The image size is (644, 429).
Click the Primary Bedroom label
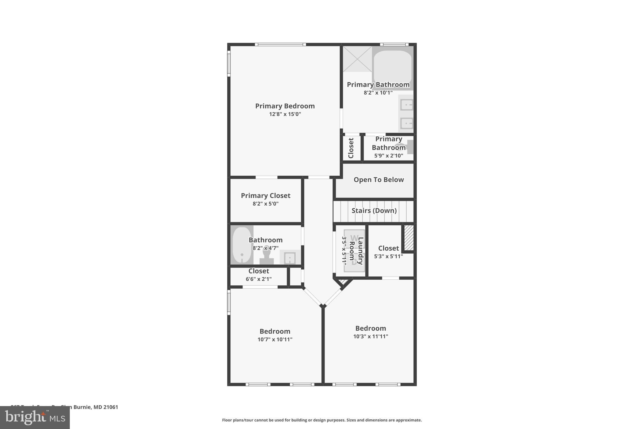pyautogui.click(x=285, y=106)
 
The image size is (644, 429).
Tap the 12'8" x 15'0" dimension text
pyautogui.click(x=285, y=114)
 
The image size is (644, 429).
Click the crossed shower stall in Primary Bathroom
pyautogui.click(x=357, y=59)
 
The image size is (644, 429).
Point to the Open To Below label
pyautogui.click(x=378, y=180)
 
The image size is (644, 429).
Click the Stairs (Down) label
pyautogui.click(x=374, y=211)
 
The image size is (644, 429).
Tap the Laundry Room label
pyautogui.click(x=356, y=250)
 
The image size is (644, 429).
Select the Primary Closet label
pyautogui.click(x=265, y=195)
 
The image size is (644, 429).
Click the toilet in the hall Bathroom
pyautogui.click(x=267, y=255)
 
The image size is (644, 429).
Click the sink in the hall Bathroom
pyautogui.click(x=290, y=258)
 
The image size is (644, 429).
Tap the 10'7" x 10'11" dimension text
pyautogui.click(x=275, y=339)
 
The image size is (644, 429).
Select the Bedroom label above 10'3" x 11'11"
pyautogui.click(x=370, y=328)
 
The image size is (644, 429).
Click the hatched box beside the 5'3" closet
pyautogui.click(x=408, y=238)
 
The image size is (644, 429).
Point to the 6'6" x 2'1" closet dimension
pyautogui.click(x=258, y=279)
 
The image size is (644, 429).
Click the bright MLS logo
pyautogui.click(x=35, y=418)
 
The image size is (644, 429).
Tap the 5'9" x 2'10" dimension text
pyautogui.click(x=388, y=156)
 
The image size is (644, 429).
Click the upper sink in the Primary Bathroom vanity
pyautogui.click(x=407, y=105)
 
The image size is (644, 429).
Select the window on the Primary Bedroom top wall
pyautogui.click(x=280, y=45)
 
